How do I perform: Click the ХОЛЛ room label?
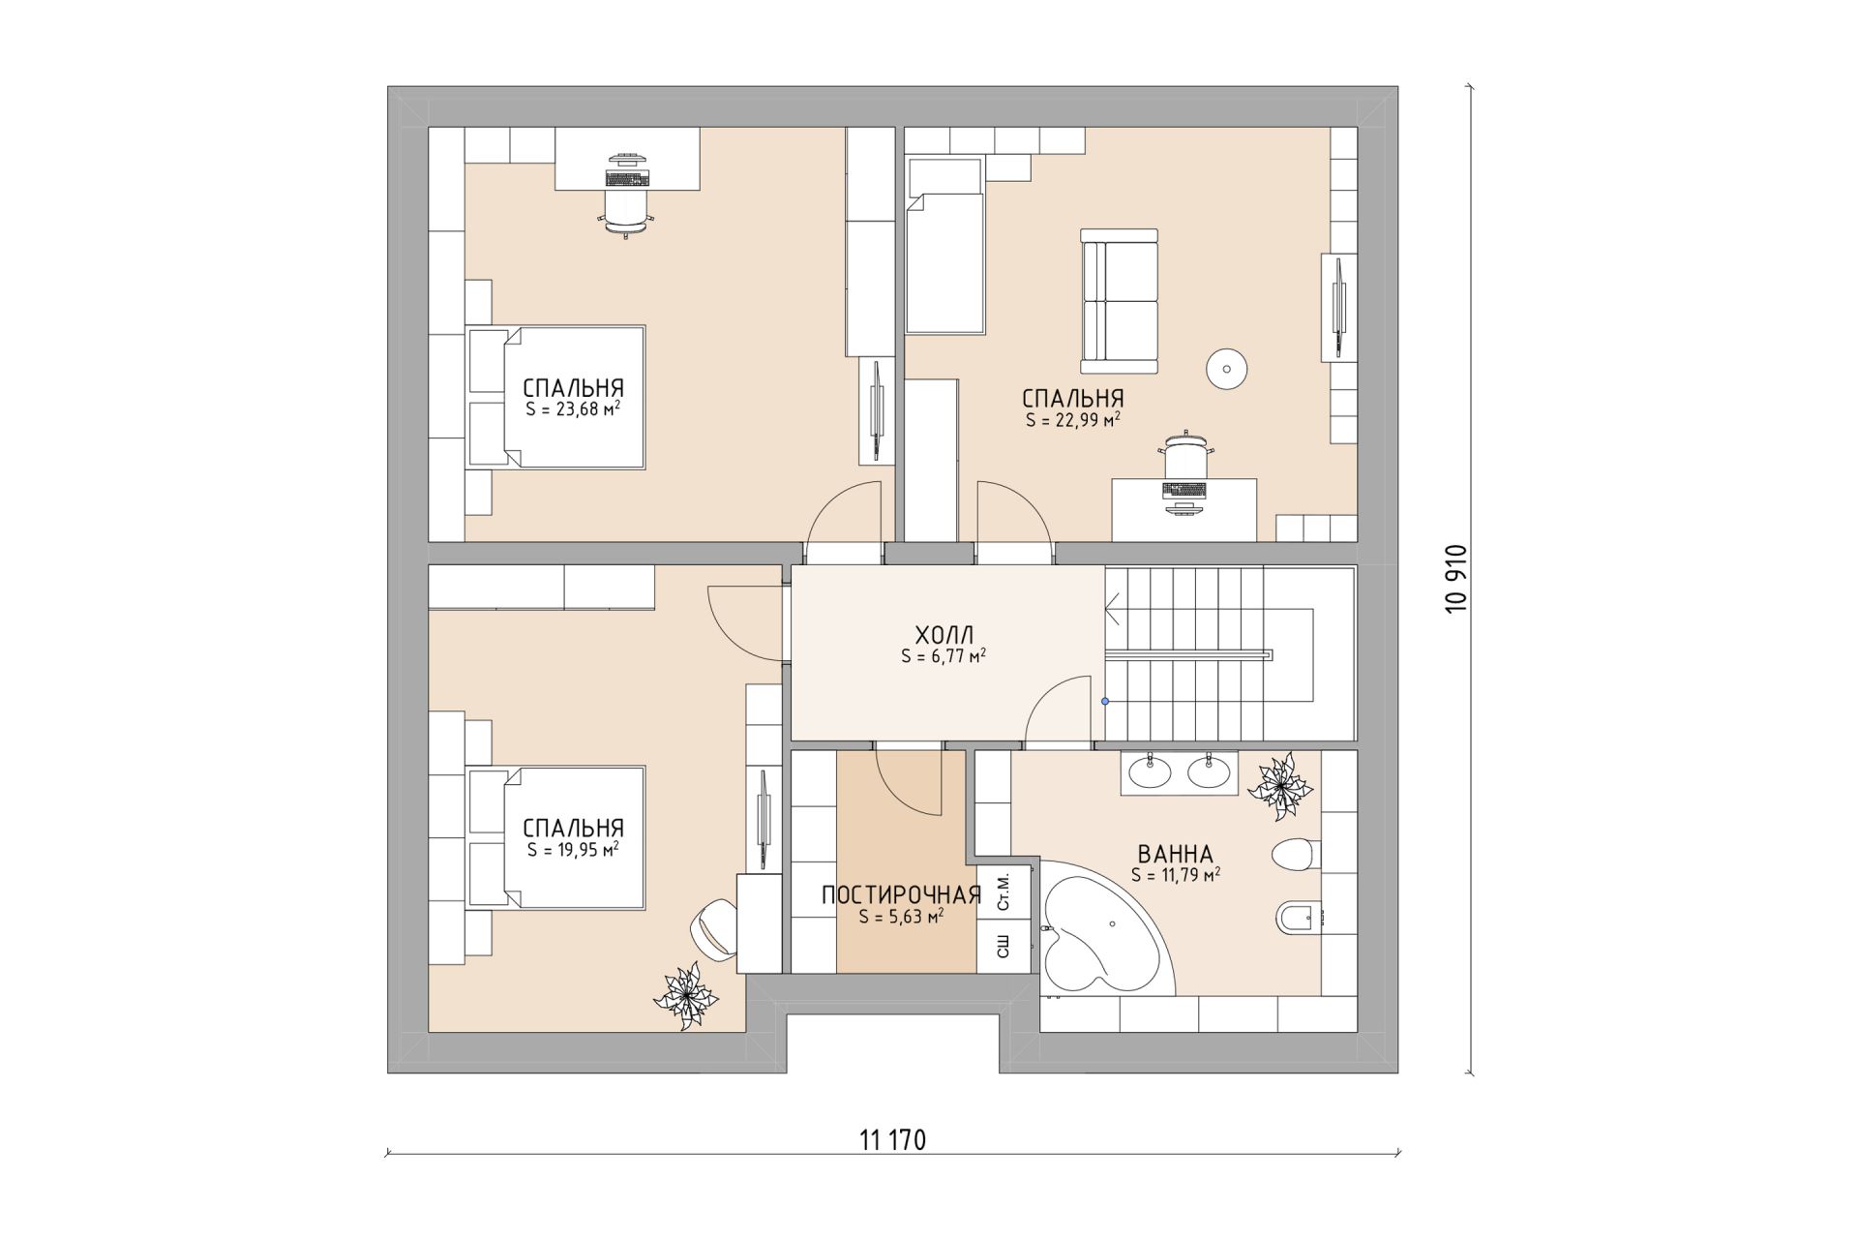(944, 635)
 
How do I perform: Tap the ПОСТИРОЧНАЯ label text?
(901, 895)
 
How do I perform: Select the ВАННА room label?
(1175, 855)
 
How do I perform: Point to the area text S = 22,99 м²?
(1073, 420)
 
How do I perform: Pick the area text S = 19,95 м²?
(573, 849)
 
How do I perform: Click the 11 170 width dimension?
(892, 1140)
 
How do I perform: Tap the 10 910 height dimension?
(1456, 578)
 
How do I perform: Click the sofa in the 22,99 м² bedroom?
(1120, 301)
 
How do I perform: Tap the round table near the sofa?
(1226, 369)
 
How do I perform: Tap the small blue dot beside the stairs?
(1105, 701)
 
